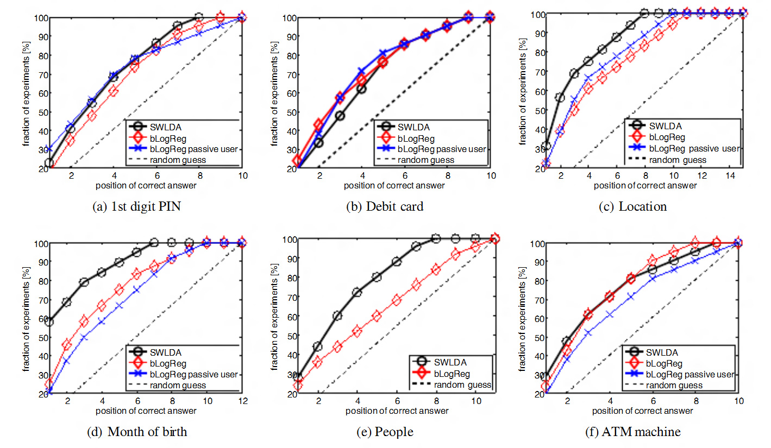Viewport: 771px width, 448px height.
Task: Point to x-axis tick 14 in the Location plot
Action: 729,177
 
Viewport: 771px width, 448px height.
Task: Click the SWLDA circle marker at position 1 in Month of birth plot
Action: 49,321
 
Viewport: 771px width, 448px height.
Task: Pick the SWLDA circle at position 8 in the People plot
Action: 436,238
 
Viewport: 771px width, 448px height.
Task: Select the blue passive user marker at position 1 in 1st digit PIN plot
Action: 49,149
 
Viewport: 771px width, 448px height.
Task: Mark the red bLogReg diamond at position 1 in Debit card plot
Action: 297,161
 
